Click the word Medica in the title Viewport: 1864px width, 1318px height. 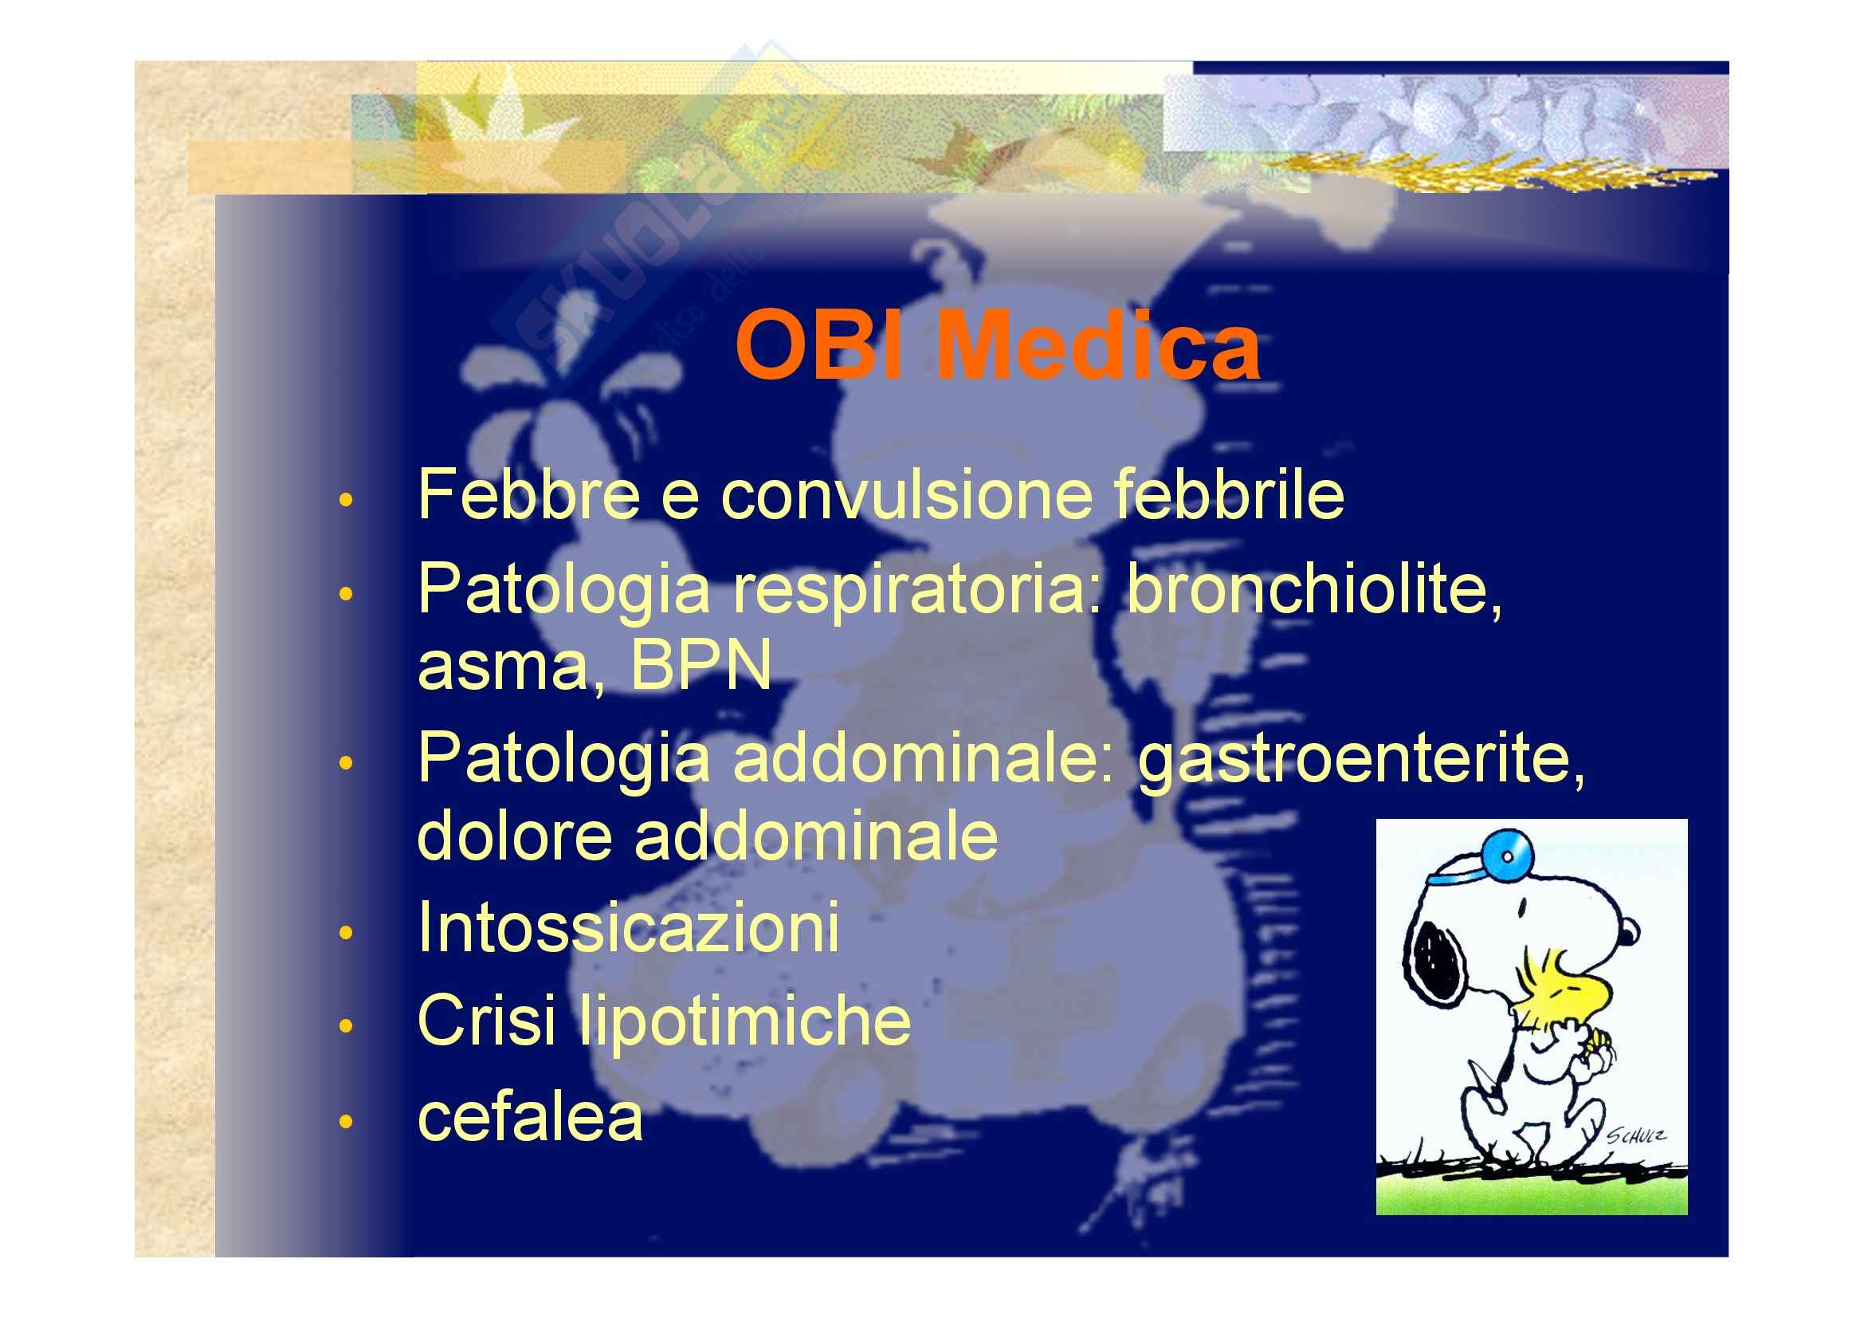point(1098,345)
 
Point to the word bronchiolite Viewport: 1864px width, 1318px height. point(1314,588)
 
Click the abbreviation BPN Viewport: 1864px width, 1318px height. point(700,664)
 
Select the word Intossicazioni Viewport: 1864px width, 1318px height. point(628,927)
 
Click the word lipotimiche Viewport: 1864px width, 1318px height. point(744,1021)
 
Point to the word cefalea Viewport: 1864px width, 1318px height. point(530,1116)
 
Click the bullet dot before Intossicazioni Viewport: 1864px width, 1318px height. point(347,933)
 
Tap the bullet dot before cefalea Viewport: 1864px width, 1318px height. point(347,1123)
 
